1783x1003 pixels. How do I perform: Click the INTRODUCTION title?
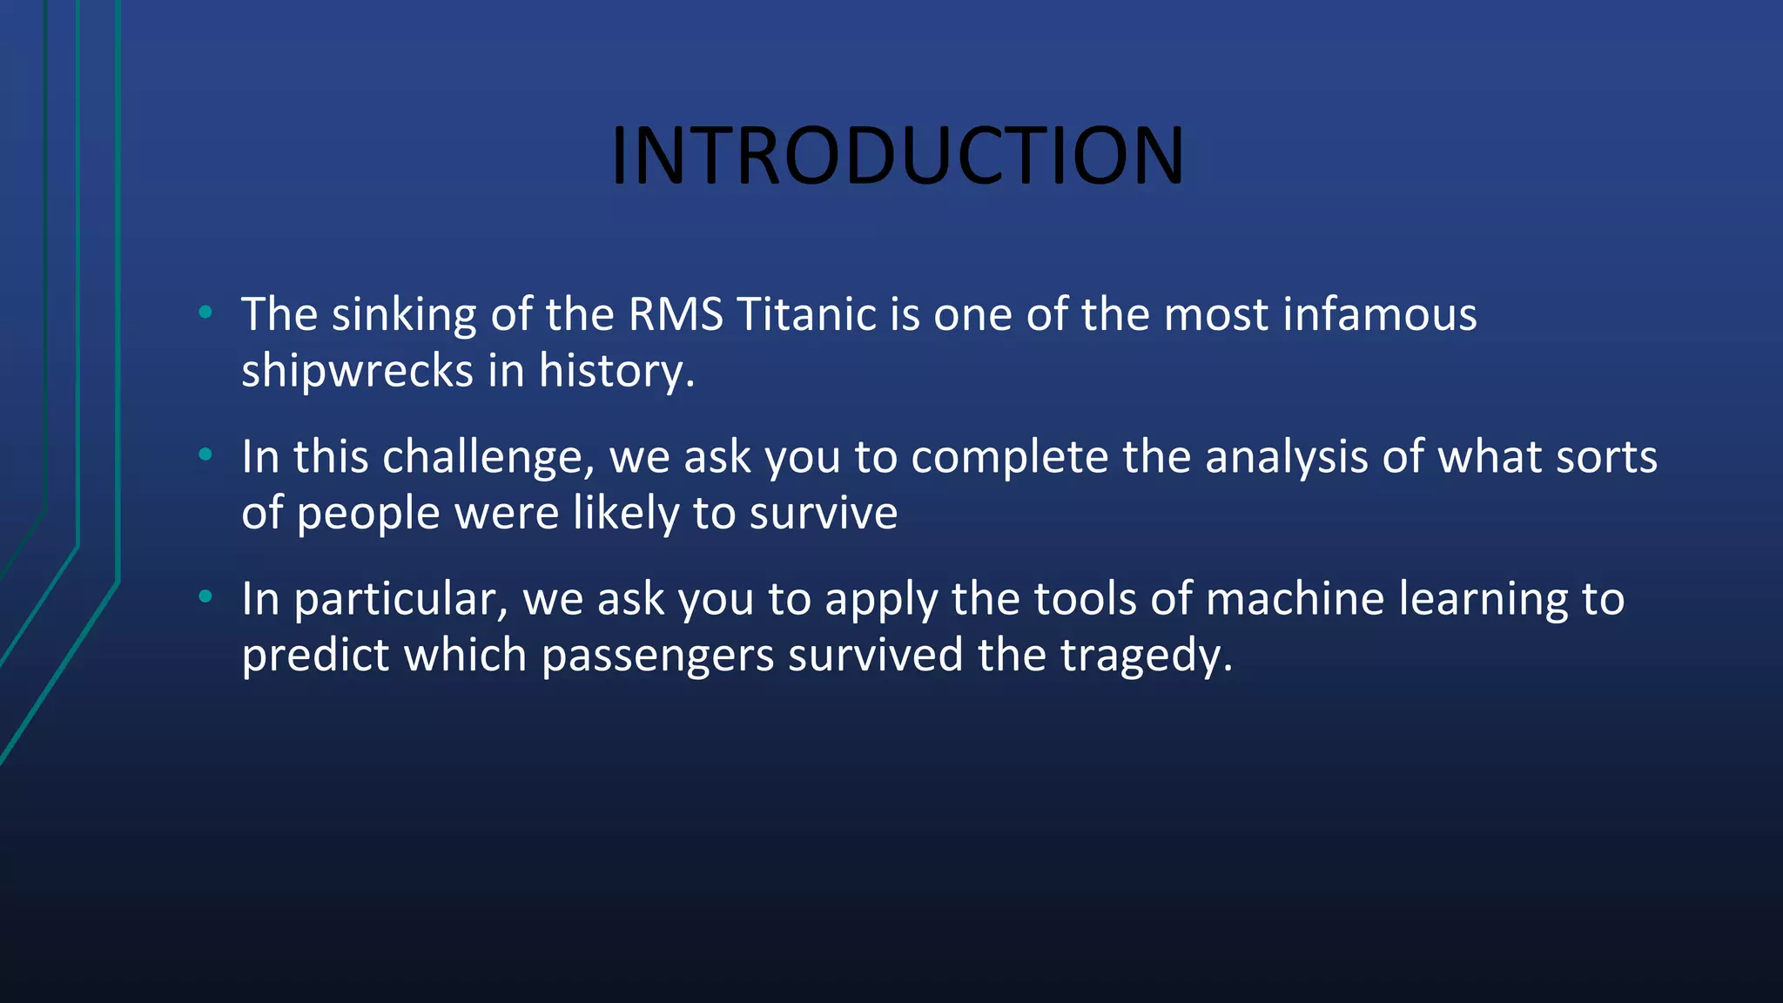click(898, 157)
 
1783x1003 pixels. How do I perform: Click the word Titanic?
click(806, 314)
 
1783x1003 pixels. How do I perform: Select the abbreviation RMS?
click(676, 314)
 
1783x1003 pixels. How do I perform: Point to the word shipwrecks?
click(357, 372)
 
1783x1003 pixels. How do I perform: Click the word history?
click(615, 372)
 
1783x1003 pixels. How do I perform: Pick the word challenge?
click(488, 458)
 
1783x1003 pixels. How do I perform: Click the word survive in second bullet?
click(823, 514)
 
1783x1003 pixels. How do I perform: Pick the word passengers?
click(657, 656)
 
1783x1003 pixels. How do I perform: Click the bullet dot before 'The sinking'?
click(205, 312)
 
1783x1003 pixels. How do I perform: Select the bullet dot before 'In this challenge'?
click(205, 454)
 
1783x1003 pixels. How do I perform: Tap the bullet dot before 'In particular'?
click(205, 596)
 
